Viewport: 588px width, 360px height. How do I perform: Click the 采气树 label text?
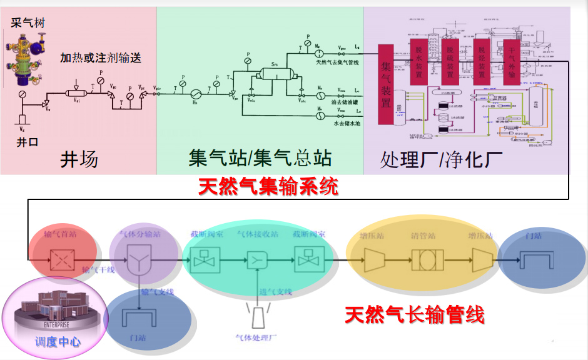click(x=28, y=23)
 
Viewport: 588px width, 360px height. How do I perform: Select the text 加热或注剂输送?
click(x=101, y=58)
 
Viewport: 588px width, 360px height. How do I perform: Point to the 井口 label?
click(x=27, y=142)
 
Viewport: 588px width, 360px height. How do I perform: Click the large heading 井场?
click(x=79, y=159)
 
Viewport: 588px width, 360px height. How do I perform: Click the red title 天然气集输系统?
click(x=268, y=186)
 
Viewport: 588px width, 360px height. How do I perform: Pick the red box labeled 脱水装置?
click(x=418, y=62)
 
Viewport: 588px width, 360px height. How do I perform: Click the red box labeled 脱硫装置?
click(x=449, y=62)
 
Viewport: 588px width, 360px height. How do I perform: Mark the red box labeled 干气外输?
click(x=512, y=62)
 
